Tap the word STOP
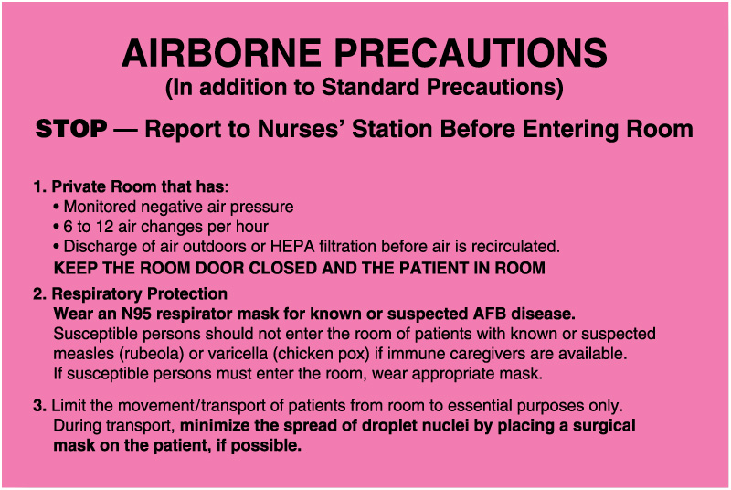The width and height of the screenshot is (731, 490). tap(71, 129)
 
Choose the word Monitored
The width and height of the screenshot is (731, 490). tap(101, 208)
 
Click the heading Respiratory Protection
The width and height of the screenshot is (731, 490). tap(140, 294)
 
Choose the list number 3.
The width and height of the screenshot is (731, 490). tap(38, 406)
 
